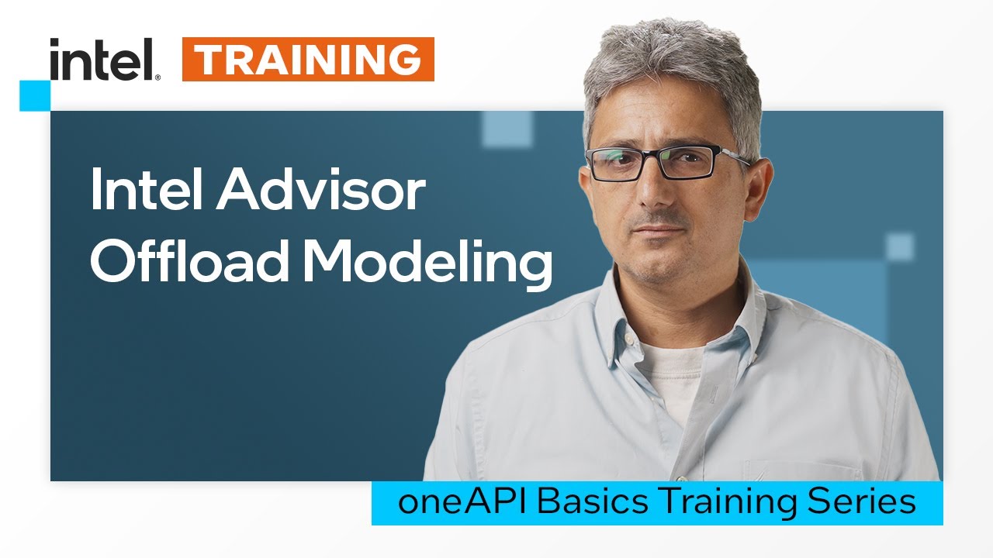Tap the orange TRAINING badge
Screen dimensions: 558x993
click(x=308, y=60)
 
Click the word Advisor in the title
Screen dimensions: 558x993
click(x=321, y=191)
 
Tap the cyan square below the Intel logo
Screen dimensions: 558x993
click(x=35, y=95)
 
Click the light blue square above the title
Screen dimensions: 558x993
click(x=507, y=129)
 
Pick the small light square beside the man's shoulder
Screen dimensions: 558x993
click(x=900, y=247)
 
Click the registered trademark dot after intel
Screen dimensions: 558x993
click(x=157, y=77)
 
